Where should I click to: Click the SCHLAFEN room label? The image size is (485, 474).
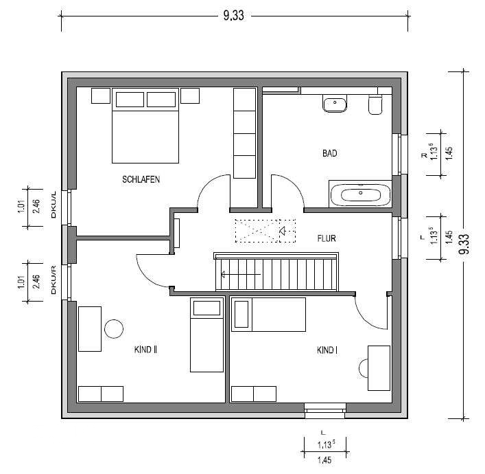tap(141, 180)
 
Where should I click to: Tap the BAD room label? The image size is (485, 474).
tap(330, 153)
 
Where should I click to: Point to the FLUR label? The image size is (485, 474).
tap(327, 238)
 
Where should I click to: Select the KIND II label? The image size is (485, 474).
tap(145, 350)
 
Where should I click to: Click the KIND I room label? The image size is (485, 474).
tap(327, 350)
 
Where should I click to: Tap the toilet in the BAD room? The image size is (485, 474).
tap(375, 104)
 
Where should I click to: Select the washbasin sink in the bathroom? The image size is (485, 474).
tap(335, 103)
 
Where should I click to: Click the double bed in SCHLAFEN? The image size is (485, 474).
tap(145, 126)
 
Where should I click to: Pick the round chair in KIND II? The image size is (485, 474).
tap(114, 328)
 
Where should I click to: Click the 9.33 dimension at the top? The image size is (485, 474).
tap(234, 16)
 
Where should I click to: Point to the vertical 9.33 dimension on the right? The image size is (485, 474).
tap(464, 244)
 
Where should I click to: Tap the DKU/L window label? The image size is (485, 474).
tap(54, 205)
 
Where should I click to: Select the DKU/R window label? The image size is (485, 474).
tap(54, 280)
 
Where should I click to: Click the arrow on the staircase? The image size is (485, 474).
tap(241, 275)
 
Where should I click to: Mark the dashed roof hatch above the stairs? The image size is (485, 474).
tap(265, 231)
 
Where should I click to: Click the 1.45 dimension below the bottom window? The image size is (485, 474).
tap(324, 460)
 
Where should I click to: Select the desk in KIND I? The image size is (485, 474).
tap(379, 368)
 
